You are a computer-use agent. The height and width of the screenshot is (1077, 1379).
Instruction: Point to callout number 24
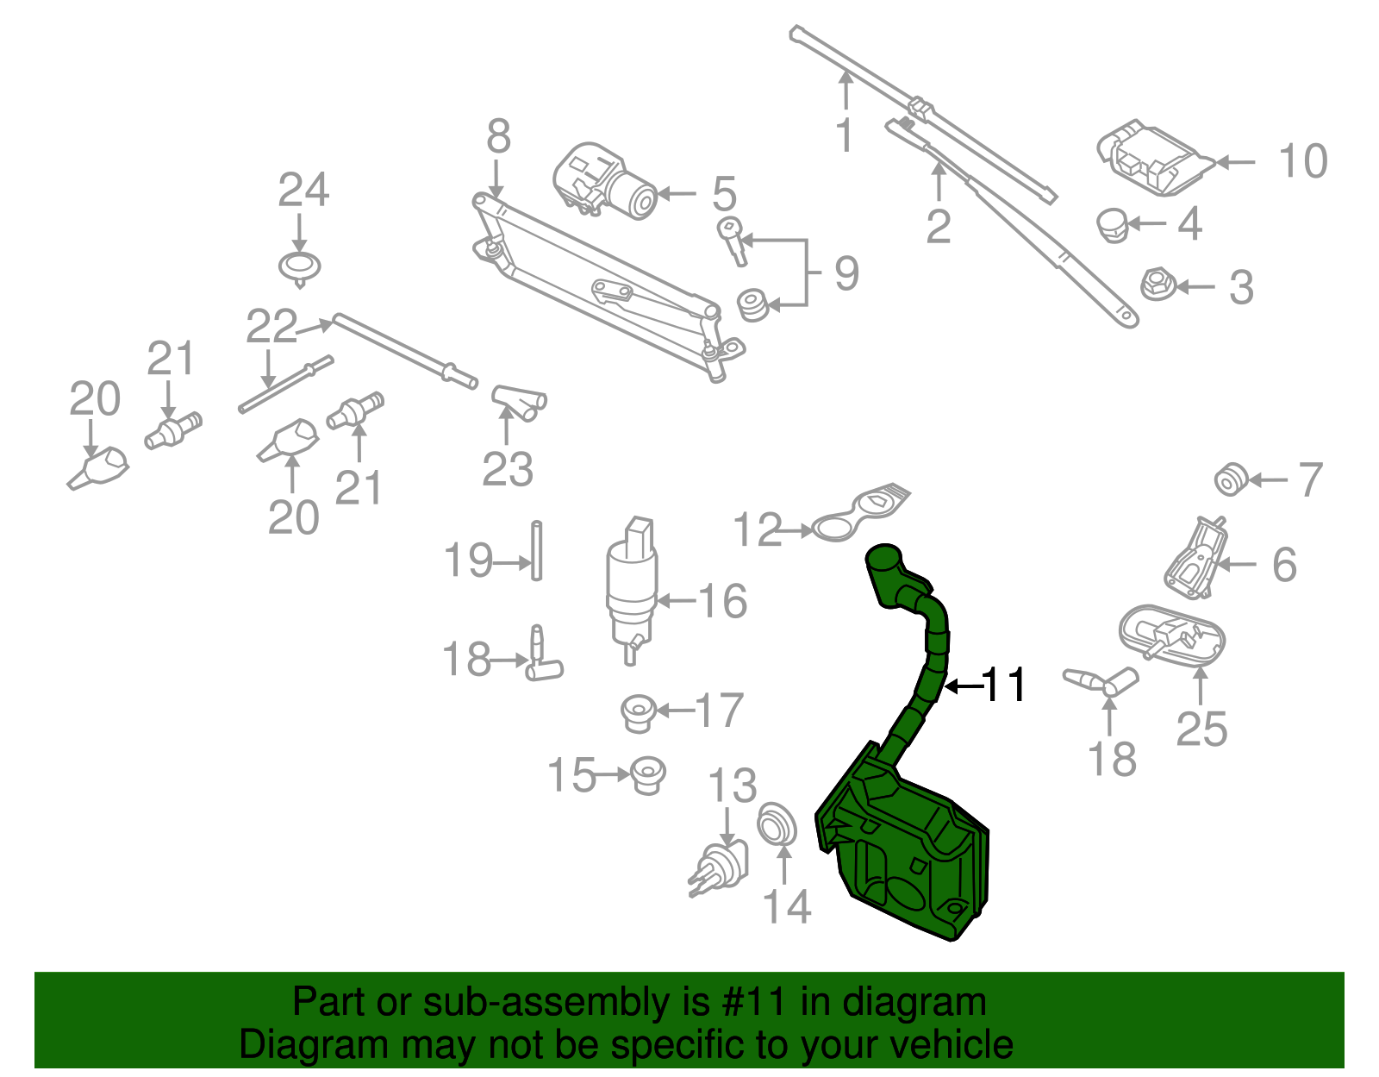tap(303, 191)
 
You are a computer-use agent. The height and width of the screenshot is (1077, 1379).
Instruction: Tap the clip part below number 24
tap(300, 268)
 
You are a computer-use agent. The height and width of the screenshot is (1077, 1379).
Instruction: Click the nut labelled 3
tap(1158, 285)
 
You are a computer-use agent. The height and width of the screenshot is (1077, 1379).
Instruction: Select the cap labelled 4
tap(1113, 225)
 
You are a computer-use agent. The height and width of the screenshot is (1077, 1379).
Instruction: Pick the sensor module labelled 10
tap(1152, 160)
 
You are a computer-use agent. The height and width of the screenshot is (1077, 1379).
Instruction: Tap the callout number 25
tap(1201, 729)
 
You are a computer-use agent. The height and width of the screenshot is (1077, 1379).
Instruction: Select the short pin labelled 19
tap(536, 550)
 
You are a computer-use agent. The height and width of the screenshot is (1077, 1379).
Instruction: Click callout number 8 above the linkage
tap(498, 136)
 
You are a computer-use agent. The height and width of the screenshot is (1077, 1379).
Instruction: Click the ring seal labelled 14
tap(777, 824)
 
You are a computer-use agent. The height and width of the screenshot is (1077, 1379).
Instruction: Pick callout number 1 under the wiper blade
tap(845, 135)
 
